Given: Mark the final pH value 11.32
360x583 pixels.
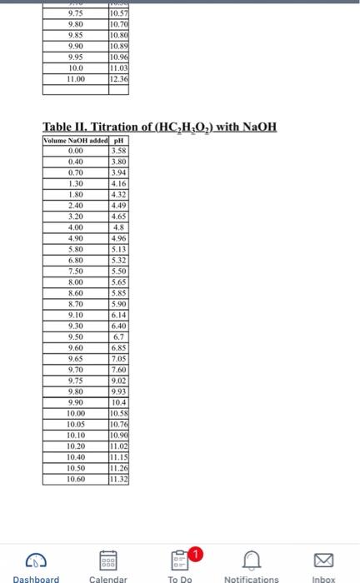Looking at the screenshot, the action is pyautogui.click(x=118, y=479).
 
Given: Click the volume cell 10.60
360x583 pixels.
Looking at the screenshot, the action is pyautogui.click(x=76, y=479).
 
